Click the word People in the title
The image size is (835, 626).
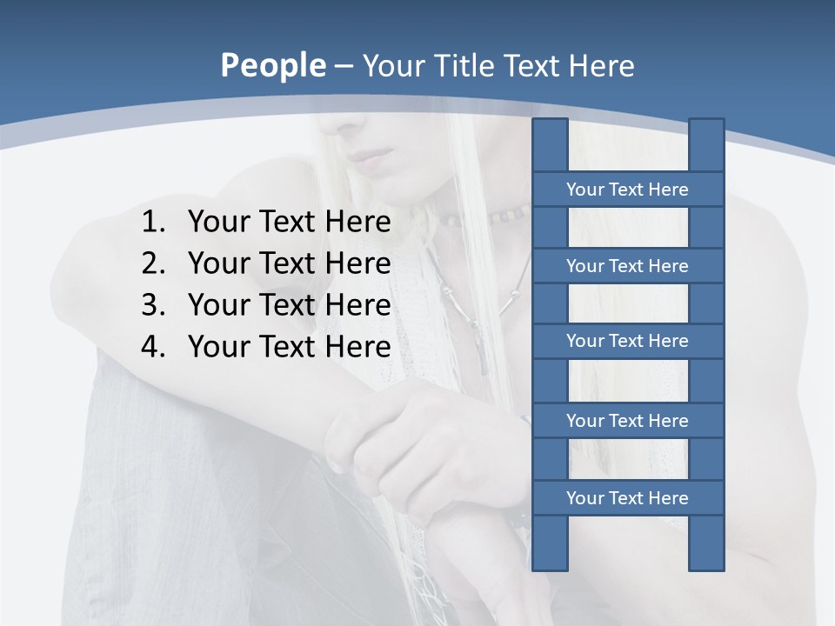[x=272, y=66]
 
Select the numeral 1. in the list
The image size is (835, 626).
[x=153, y=223]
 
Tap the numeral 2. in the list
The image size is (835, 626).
[x=153, y=263]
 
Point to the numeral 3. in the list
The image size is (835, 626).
[x=153, y=305]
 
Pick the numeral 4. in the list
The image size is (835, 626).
[x=153, y=347]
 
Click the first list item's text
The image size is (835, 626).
[x=289, y=223]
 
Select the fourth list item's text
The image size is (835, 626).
[x=289, y=347]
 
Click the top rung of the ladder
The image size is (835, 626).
[x=627, y=190]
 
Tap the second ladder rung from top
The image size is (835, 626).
[x=627, y=266]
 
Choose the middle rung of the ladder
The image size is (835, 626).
[x=627, y=341]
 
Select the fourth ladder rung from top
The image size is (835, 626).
[x=627, y=421]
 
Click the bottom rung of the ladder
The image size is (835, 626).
[x=627, y=498]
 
